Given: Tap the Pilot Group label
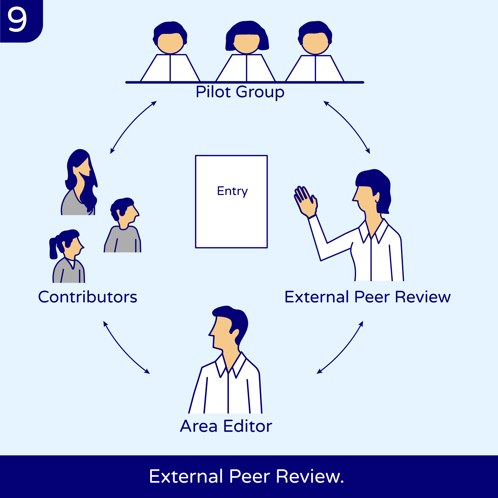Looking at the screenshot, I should [240, 92].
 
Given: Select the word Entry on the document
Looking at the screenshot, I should [232, 191].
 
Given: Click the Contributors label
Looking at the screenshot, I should [88, 297].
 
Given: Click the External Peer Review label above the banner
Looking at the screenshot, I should [368, 297].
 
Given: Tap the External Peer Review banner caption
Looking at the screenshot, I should [247, 476].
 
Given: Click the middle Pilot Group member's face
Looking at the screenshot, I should [247, 43].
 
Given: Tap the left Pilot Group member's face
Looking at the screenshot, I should [170, 43].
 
